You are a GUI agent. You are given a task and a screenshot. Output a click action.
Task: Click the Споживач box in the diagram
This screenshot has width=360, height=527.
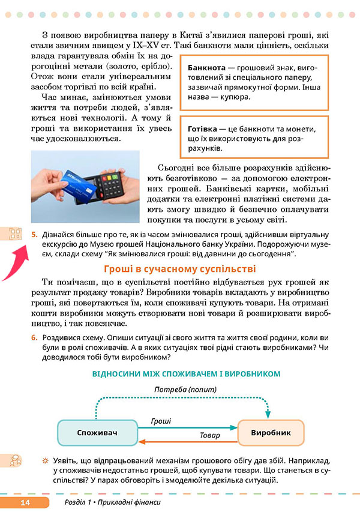(x=97, y=432)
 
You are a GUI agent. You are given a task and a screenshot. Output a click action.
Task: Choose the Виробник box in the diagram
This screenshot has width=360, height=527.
(x=271, y=432)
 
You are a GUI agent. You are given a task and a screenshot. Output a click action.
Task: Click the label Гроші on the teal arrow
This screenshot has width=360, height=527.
(x=161, y=422)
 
